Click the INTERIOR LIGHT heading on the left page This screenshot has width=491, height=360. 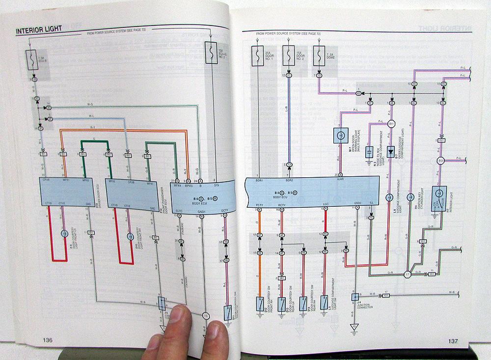click(x=39, y=30)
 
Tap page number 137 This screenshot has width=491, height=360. click(x=452, y=342)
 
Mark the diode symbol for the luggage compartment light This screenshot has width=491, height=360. click(x=391, y=150)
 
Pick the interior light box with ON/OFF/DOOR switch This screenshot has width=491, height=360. click(x=439, y=199)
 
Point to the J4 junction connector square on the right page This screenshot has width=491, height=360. click(x=354, y=297)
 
